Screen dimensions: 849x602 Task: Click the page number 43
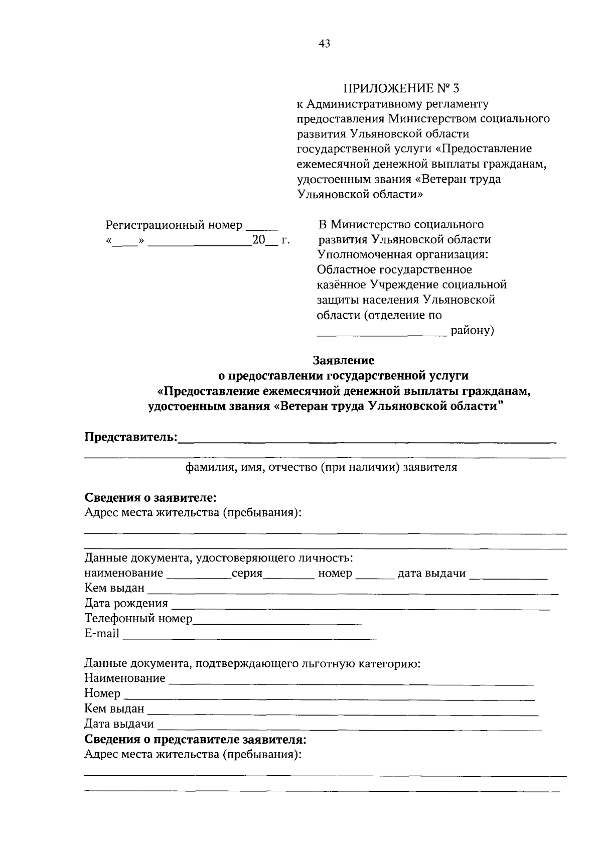pyautogui.click(x=325, y=44)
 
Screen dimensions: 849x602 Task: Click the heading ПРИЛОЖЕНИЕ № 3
pyautogui.click(x=401, y=89)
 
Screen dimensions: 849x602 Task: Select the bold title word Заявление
pyautogui.click(x=344, y=360)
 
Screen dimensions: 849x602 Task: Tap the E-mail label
pyautogui.click(x=102, y=634)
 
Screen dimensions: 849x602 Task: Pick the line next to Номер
pyautogui.click(x=329, y=697)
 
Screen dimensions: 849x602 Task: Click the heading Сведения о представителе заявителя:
pyautogui.click(x=196, y=740)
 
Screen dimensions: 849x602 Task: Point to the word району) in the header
pyautogui.click(x=472, y=331)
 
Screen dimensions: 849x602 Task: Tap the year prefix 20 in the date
pyautogui.click(x=258, y=240)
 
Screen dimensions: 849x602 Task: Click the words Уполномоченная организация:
pyautogui.click(x=402, y=254)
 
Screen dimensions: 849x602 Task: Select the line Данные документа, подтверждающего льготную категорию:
pyautogui.click(x=252, y=664)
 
